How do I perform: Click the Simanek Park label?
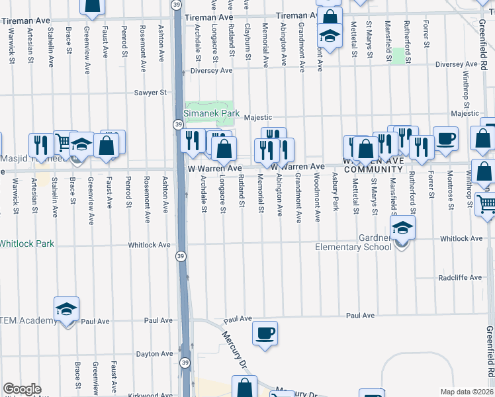tap(211, 113)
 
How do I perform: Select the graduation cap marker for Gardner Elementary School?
tap(402, 230)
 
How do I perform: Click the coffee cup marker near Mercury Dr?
tap(265, 333)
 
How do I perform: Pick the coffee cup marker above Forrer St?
tap(445, 139)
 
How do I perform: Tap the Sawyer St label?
tap(150, 93)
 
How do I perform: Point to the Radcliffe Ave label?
tap(460, 278)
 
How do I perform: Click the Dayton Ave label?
tap(154, 354)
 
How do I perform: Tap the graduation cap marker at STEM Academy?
tap(66, 309)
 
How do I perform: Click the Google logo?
tap(22, 390)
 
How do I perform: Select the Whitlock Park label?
tap(26, 243)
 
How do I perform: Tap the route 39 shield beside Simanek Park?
tap(179, 124)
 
